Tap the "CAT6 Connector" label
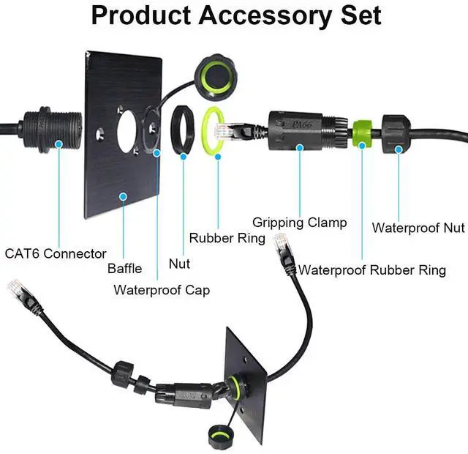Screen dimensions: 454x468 [x=56, y=254]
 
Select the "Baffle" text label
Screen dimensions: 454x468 [x=124, y=269]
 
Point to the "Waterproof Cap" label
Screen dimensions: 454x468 [x=162, y=290]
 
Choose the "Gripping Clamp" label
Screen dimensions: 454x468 [x=299, y=222]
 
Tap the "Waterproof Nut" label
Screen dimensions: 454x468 [x=418, y=227]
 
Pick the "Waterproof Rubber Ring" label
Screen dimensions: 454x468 [x=372, y=270]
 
